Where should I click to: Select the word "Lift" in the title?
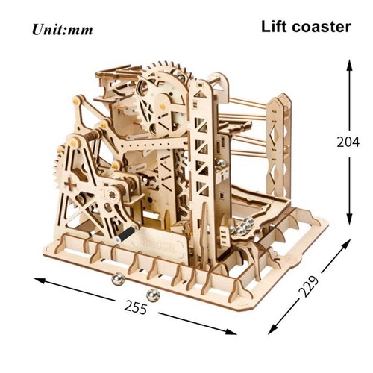[x=276, y=27]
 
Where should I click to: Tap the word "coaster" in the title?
[x=323, y=27]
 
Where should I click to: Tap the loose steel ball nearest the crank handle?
[x=118, y=279]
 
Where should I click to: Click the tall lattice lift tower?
[x=201, y=164]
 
